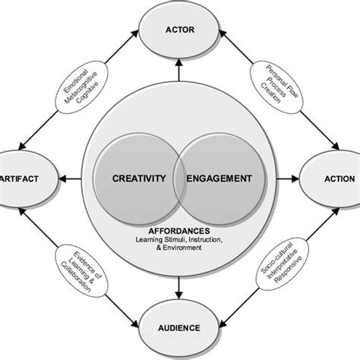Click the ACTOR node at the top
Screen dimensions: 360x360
(180, 31)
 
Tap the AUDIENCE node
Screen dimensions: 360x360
(180, 327)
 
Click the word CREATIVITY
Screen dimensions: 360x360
(137, 180)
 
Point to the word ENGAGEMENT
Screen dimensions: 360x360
(221, 180)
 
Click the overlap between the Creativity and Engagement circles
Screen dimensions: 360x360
(180, 180)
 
